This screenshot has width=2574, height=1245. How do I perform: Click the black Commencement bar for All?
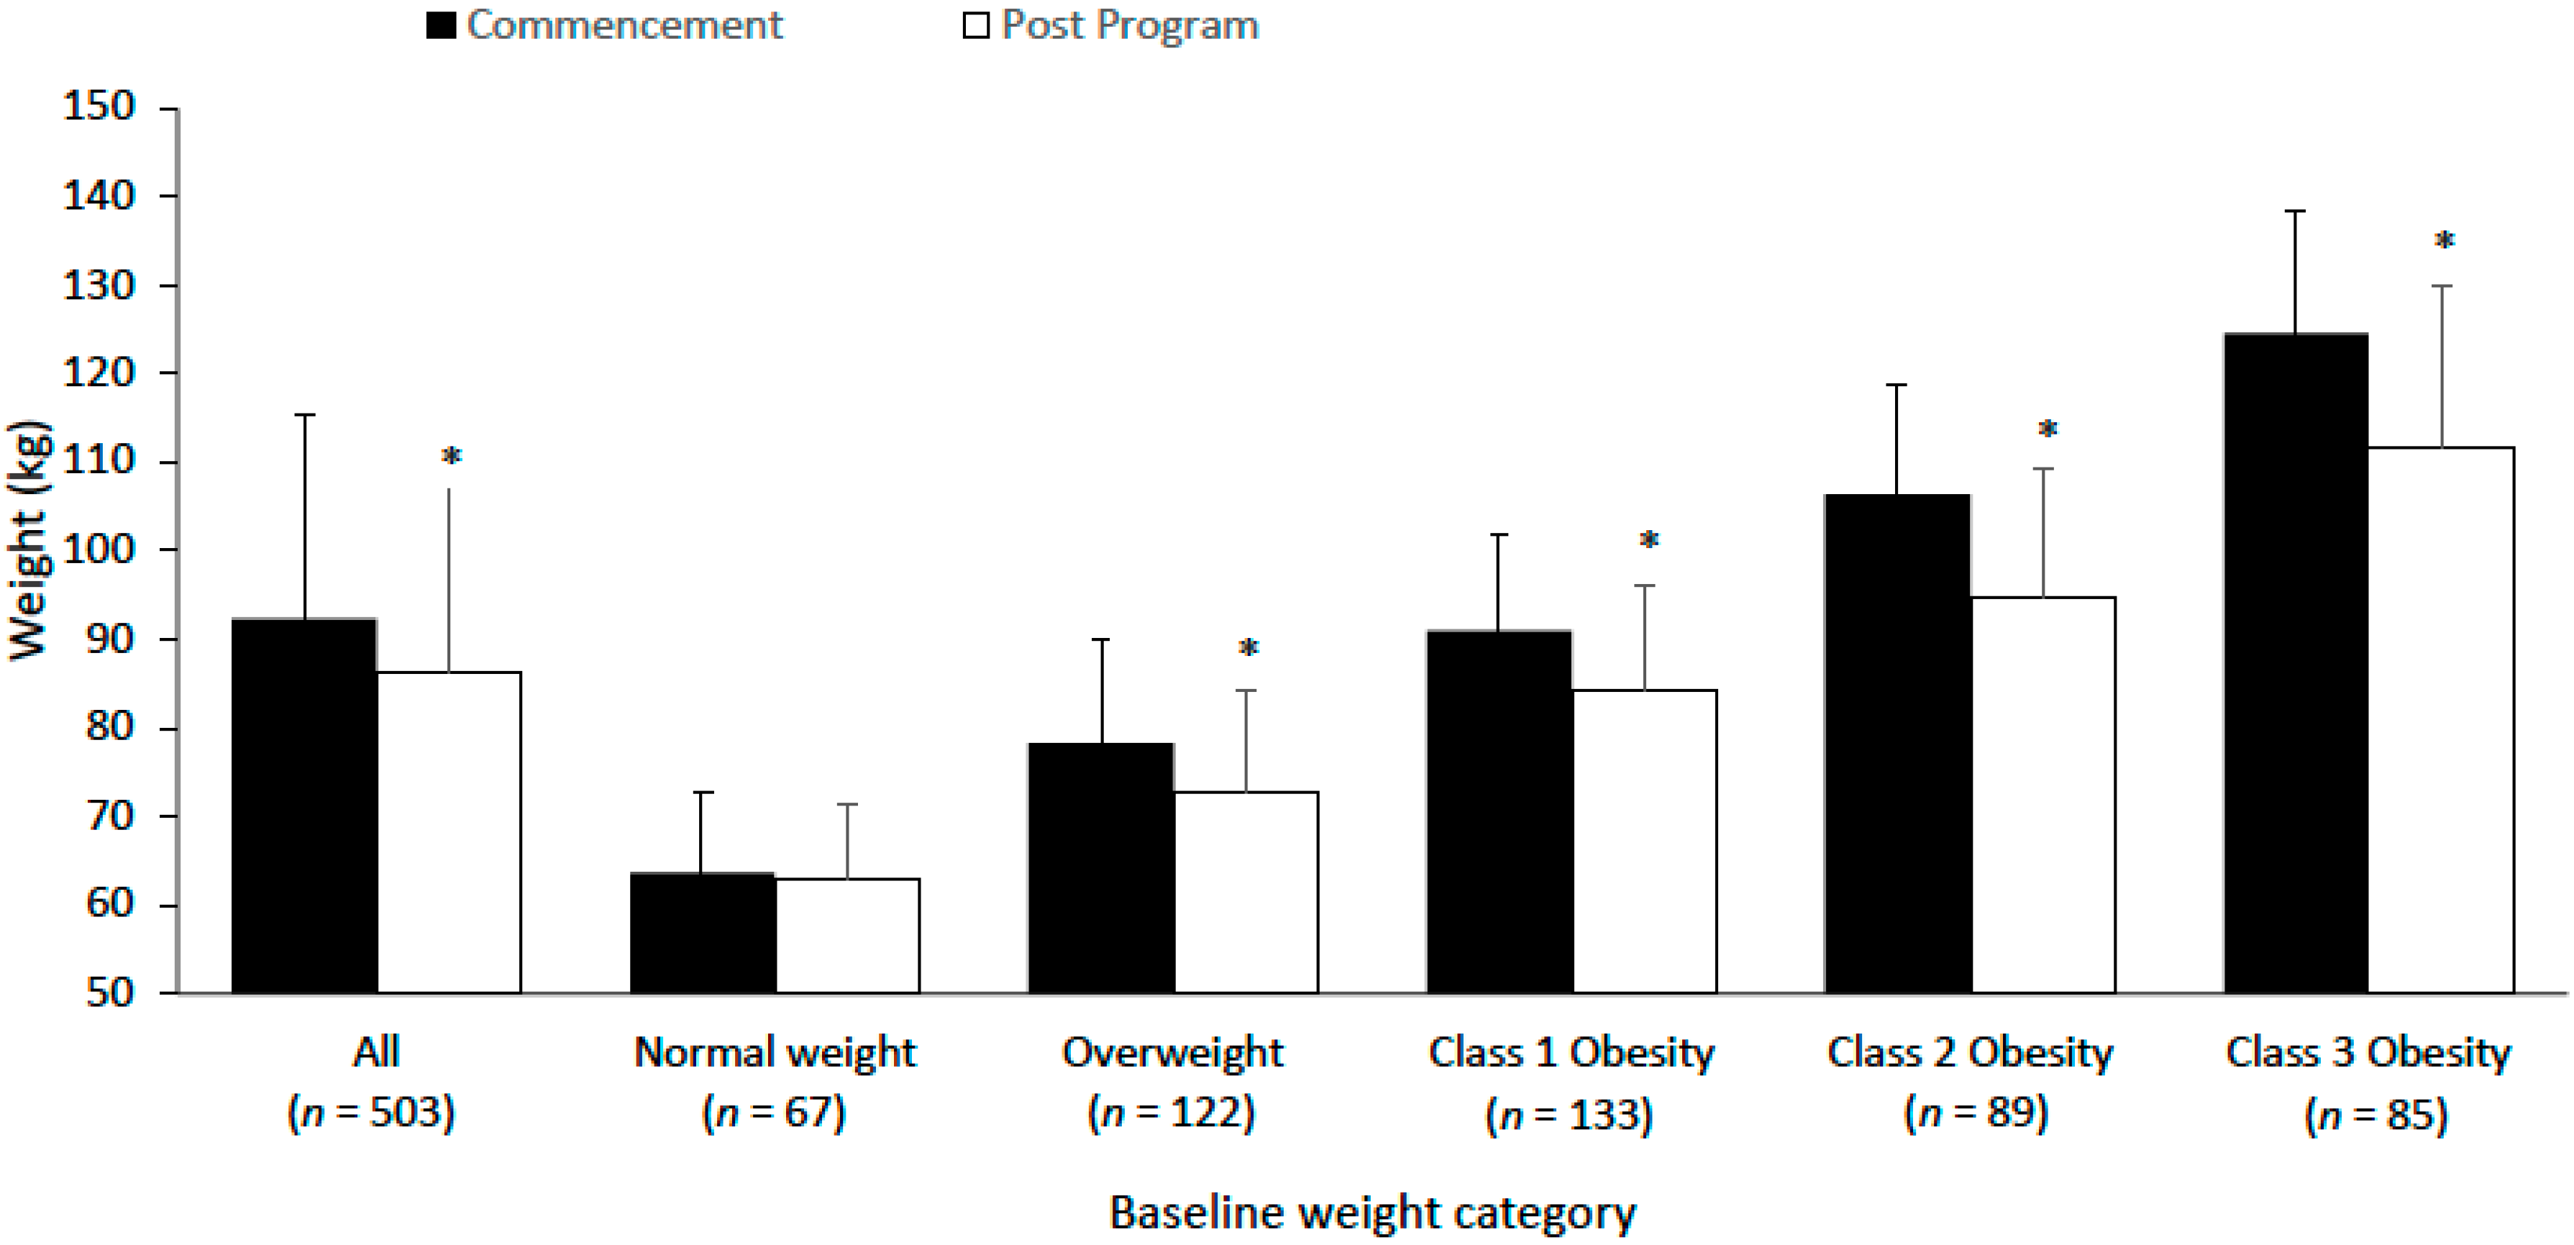pyautogui.click(x=304, y=804)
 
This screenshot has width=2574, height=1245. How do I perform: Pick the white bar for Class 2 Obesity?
pyautogui.click(x=2043, y=794)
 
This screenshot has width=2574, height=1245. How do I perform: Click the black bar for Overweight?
pyautogui.click(x=1101, y=867)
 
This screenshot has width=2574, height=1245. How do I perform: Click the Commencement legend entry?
pyautogui.click(x=606, y=25)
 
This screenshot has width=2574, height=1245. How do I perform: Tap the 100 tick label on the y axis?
pyautogui.click(x=98, y=549)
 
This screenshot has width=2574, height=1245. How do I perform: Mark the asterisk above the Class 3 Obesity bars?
pyautogui.click(x=2444, y=242)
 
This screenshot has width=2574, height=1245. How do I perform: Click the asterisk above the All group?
pyautogui.click(x=452, y=457)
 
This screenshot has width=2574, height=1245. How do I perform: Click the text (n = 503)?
pyautogui.click(x=372, y=1112)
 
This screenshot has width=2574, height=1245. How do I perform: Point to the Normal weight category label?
pyautogui.click(x=775, y=1052)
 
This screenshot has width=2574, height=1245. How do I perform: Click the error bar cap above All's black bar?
pyautogui.click(x=304, y=415)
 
